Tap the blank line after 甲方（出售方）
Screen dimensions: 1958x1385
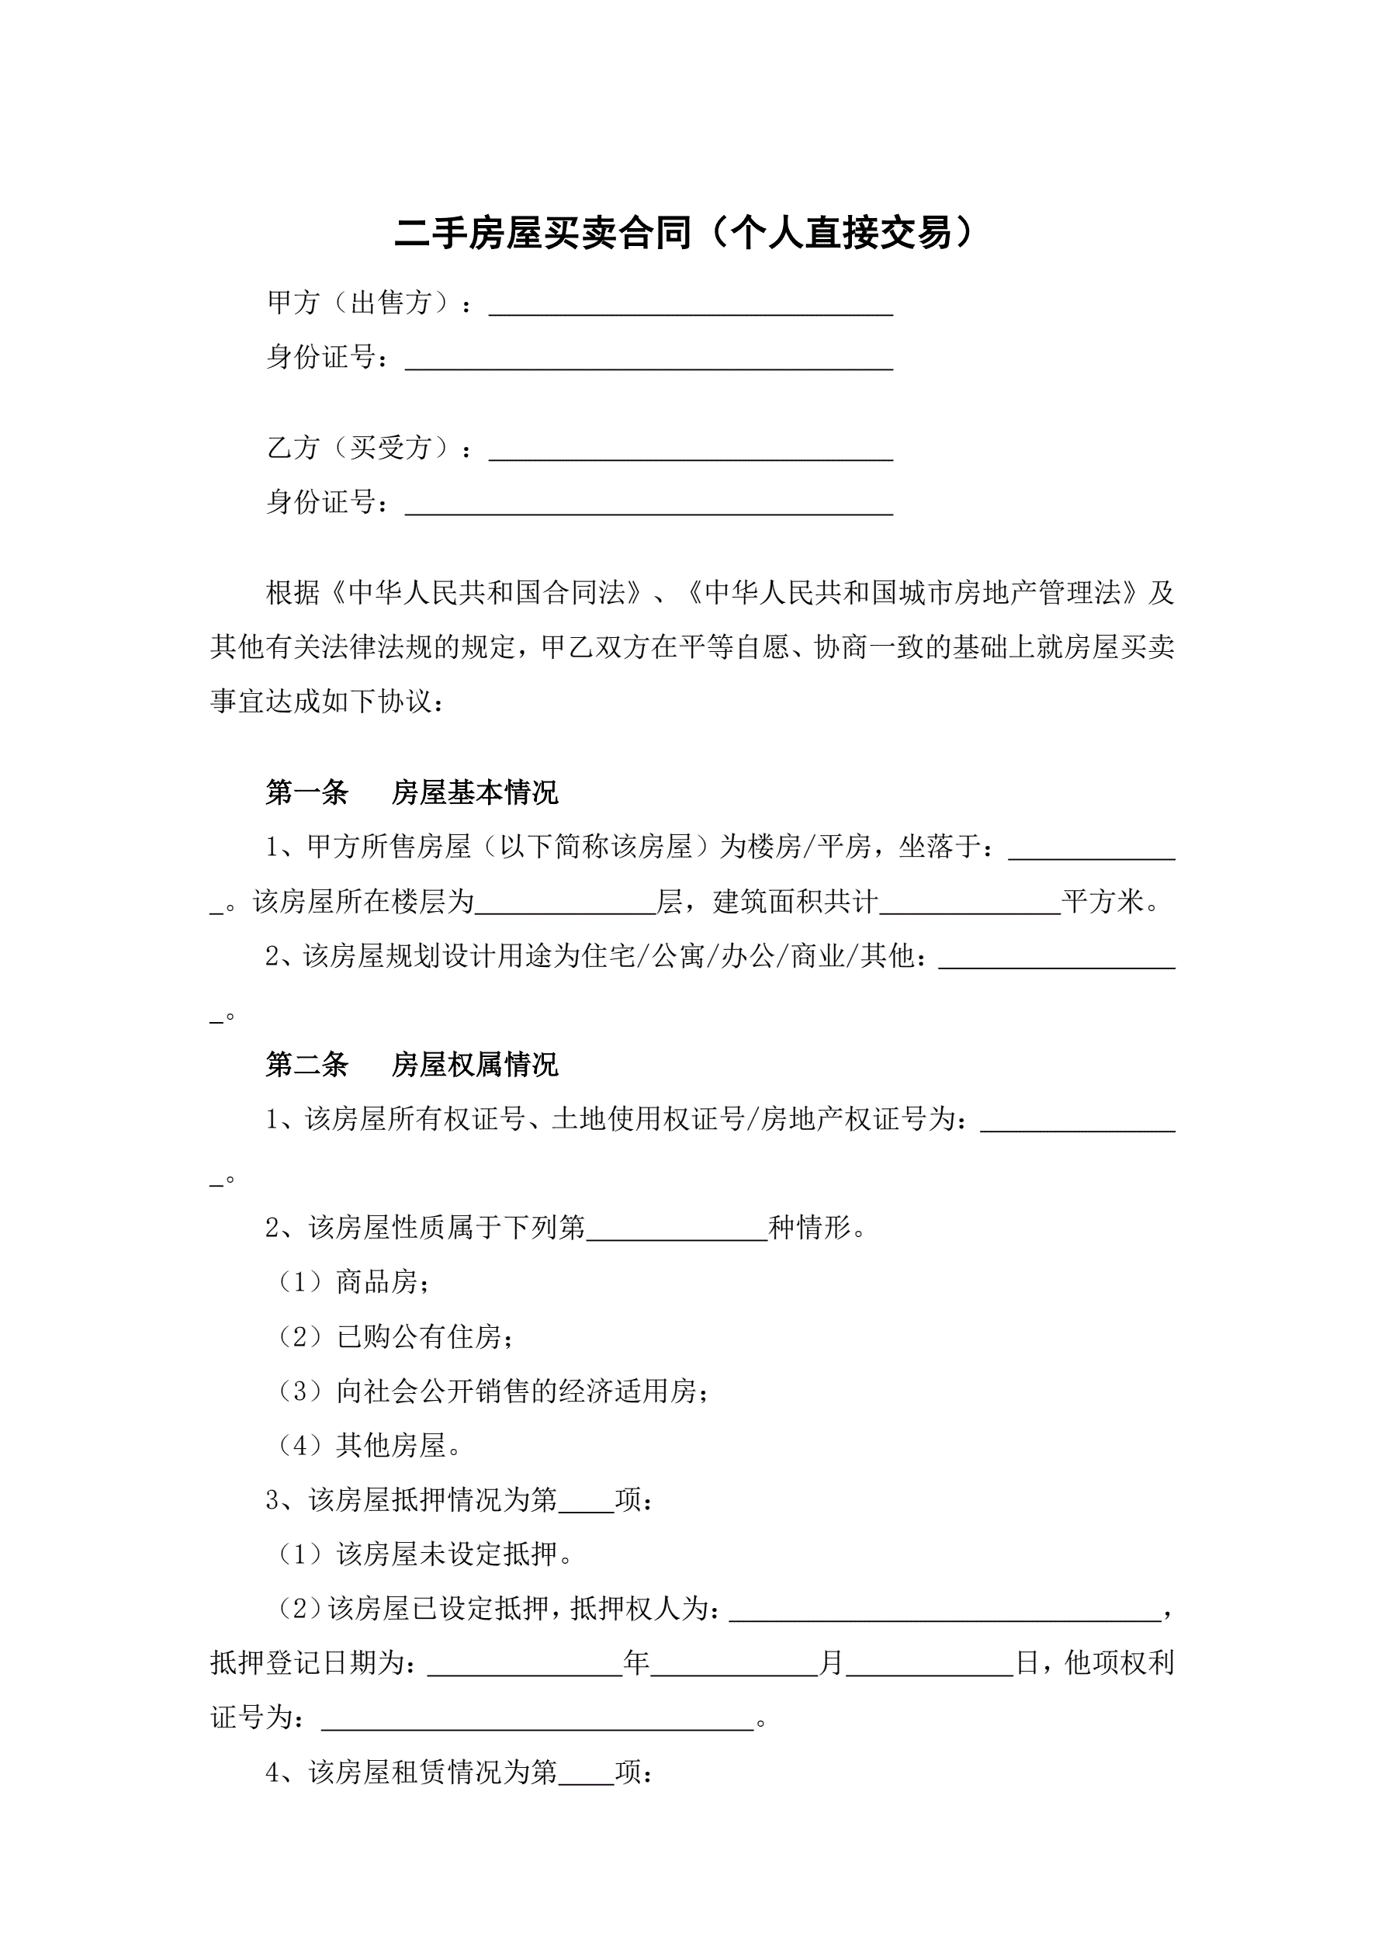pos(690,305)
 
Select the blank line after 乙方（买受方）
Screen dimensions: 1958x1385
pos(690,450)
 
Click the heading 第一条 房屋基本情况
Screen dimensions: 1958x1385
pos(412,792)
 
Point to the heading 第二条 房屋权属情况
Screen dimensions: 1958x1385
pos(412,1064)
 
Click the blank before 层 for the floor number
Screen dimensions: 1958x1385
pos(566,904)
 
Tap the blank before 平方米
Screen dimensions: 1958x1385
pos(970,904)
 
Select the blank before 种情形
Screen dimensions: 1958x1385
pos(677,1231)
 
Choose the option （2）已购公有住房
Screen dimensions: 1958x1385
pos(395,1336)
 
